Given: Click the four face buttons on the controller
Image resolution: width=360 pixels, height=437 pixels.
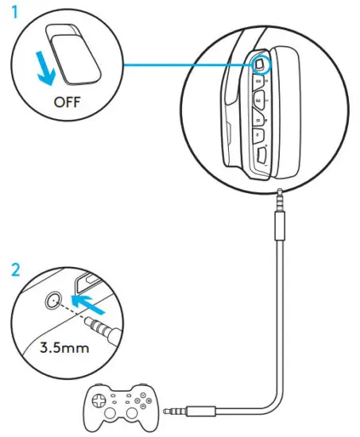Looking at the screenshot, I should coord(148,399).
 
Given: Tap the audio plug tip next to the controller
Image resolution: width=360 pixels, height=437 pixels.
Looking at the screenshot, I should coord(169,412).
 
